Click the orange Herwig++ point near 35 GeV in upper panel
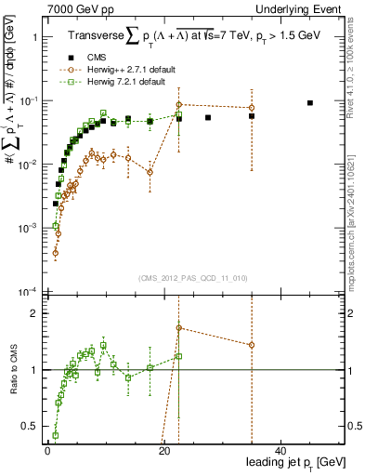click(252, 108)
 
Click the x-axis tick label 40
click(281, 451)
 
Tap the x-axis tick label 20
click(164, 451)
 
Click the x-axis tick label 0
click(47, 451)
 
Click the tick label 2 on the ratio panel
click(35, 313)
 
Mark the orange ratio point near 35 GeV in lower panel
click(252, 345)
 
